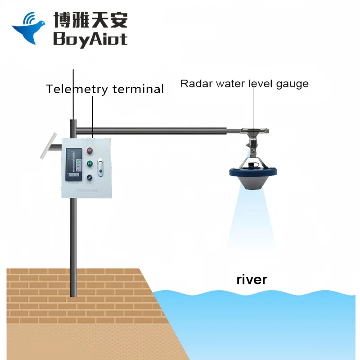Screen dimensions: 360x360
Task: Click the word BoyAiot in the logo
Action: pyautogui.click(x=90, y=38)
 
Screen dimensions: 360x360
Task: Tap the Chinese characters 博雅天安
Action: pyautogui.click(x=90, y=19)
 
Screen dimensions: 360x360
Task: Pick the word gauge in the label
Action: pyautogui.click(x=292, y=84)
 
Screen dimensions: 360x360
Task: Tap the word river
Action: pyautogui.click(x=252, y=279)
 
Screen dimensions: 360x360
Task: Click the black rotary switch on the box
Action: pyautogui.click(x=90, y=177)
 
